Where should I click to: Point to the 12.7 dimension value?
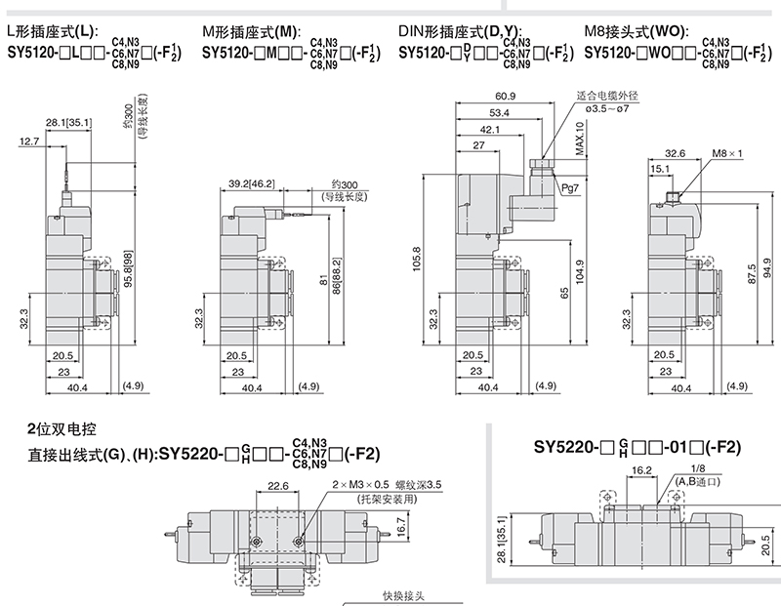29,142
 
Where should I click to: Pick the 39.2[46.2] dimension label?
251,183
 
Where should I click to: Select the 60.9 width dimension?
505,96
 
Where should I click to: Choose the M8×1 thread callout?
727,153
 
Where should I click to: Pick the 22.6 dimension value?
278,485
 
